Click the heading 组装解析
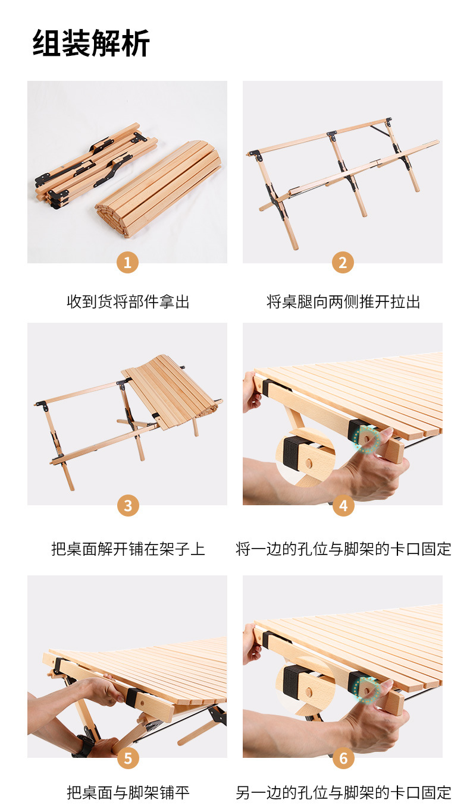(91, 43)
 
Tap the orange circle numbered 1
(127, 262)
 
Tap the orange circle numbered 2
(343, 262)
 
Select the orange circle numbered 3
(127, 505)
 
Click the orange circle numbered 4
(343, 505)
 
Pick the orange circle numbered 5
(127, 758)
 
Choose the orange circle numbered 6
(343, 758)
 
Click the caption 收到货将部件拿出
(127, 302)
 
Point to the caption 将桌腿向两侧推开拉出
(343, 302)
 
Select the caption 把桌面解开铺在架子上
(127, 549)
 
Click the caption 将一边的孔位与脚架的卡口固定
(343, 549)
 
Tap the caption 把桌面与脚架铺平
(127, 792)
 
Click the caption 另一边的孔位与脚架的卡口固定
(343, 792)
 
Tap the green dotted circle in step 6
(366, 690)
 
